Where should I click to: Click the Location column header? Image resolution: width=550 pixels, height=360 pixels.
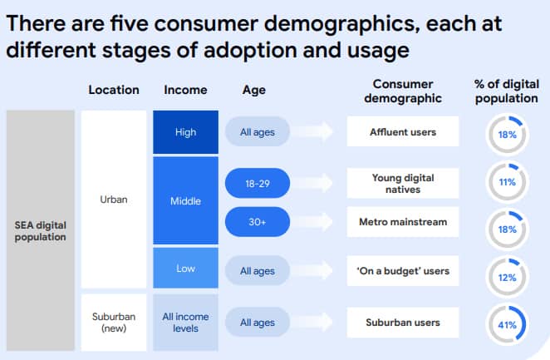tap(114, 90)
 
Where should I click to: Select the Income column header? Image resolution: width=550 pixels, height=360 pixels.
tap(185, 90)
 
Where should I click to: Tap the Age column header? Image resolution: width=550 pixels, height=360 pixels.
tap(254, 90)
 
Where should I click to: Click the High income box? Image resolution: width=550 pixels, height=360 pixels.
tap(185, 132)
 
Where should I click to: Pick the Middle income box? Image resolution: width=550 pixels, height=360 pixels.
tap(185, 200)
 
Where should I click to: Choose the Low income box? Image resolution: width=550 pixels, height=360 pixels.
tap(185, 268)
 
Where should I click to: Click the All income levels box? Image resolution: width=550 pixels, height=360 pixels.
tap(185, 322)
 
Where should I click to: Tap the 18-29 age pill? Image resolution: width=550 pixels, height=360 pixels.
tap(258, 183)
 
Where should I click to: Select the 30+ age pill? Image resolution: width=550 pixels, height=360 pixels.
tap(258, 222)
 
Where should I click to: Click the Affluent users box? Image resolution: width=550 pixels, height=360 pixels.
tap(403, 131)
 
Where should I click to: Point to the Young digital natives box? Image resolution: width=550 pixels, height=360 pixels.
tap(403, 183)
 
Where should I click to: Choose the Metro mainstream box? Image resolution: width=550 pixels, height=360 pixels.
tap(403, 222)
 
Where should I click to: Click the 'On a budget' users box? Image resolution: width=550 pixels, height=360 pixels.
tap(403, 271)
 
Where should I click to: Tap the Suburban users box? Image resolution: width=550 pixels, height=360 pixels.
tap(403, 323)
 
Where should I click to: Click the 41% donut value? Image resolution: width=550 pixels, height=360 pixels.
tap(507, 325)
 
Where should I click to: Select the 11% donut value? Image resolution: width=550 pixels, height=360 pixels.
tap(507, 182)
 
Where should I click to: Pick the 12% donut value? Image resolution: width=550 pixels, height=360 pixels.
tap(507, 278)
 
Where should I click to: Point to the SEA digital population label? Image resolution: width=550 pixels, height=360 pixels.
tap(41, 231)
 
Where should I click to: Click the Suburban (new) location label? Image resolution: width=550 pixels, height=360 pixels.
tap(114, 322)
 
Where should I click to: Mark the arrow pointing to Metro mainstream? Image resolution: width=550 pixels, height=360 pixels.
tap(313, 222)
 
